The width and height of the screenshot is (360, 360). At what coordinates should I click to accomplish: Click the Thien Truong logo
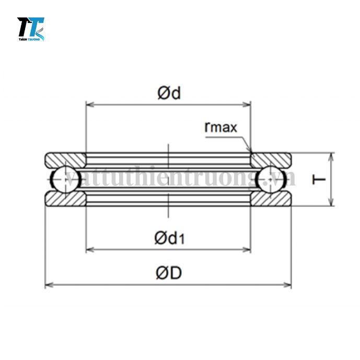coord(31,29)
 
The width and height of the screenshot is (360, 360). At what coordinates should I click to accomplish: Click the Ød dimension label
coord(169,93)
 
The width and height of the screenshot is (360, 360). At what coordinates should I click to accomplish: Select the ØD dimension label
coord(169,273)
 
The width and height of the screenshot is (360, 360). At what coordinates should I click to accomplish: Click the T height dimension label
coord(319,179)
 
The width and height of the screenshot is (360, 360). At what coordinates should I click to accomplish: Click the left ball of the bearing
coord(66,179)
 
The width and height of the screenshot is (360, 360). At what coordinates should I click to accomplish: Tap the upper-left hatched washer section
coord(65,159)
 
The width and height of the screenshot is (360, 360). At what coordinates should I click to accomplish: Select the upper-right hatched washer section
coord(271,159)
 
